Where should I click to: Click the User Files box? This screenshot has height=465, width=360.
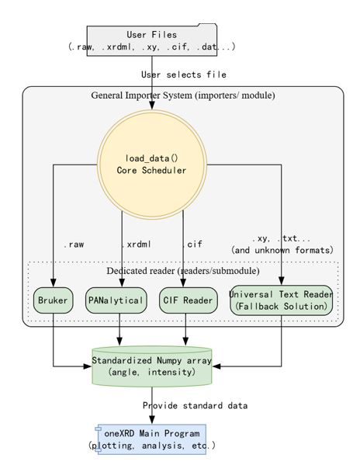pos(152,40)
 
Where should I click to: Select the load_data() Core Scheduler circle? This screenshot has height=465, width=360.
pos(152,165)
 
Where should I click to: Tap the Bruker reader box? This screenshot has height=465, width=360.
pos(53,300)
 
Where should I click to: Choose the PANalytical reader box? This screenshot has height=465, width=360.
pos(116,300)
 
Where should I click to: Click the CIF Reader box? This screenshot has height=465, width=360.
pos(189,300)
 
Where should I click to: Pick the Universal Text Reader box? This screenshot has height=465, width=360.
pos(281,300)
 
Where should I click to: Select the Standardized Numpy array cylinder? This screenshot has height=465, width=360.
pos(152,366)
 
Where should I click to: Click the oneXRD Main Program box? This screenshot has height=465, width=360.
pos(152,439)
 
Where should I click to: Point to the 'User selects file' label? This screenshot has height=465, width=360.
pos(184,75)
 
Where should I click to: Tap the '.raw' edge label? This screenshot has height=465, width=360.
pos(74,245)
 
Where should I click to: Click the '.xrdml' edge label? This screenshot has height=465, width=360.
pos(137,245)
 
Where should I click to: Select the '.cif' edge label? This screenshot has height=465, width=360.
pos(192,245)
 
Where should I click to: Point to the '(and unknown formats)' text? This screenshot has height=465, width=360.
pos(282,250)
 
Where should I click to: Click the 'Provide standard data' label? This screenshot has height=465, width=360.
pos(195,405)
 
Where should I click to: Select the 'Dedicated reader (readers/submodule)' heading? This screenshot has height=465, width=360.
pos(183,271)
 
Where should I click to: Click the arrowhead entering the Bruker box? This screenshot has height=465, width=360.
pos(53,283)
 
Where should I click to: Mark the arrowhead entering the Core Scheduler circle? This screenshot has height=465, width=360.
pos(152,106)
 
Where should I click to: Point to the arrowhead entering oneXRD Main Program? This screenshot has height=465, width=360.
pos(152,420)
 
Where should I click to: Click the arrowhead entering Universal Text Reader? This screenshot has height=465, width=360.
pos(281,281)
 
